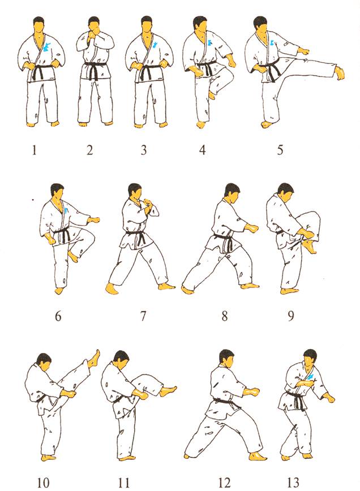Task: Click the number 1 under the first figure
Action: click(x=35, y=150)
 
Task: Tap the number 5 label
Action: click(x=280, y=150)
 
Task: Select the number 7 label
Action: click(x=143, y=316)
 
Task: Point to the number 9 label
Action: click(x=291, y=316)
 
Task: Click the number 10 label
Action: click(x=43, y=482)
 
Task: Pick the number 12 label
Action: click(x=224, y=482)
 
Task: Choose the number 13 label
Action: click(x=293, y=482)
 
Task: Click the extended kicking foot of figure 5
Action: click(x=339, y=73)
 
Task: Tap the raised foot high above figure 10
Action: click(x=94, y=359)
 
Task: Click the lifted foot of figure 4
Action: click(x=212, y=94)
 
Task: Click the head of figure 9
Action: click(x=286, y=192)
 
